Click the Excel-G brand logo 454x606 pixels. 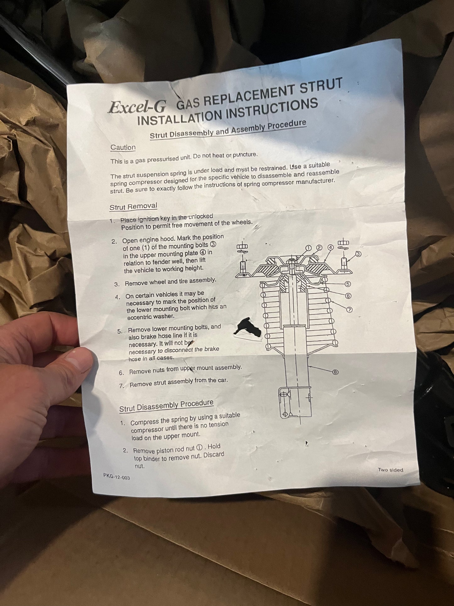137,106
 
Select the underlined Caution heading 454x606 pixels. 123,147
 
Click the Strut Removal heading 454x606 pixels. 133,207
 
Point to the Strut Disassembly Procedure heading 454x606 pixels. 166,406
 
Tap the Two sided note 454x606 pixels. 391,470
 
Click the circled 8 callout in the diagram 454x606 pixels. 336,372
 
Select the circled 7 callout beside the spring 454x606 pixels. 349,310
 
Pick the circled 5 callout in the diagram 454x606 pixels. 347,284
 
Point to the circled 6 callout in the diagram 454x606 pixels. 348,296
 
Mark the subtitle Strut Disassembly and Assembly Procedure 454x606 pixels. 228,129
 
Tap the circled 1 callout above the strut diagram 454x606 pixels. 308,248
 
